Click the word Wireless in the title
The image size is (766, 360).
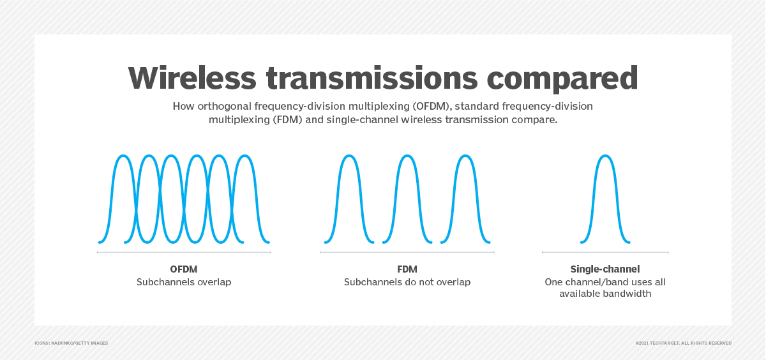pos(192,78)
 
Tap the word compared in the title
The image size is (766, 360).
pos(562,79)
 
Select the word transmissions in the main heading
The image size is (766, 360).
pos(372,78)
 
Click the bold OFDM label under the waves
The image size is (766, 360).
pos(184,269)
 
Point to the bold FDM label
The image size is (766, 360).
pos(407,269)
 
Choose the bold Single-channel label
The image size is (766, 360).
pos(605,269)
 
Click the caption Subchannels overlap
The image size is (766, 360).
pos(184,282)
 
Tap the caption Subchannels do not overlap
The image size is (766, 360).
pos(407,282)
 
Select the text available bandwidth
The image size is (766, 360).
pos(605,294)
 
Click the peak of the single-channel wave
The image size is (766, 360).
pos(605,156)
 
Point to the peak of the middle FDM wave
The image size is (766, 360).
pos(407,156)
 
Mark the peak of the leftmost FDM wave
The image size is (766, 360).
pos(349,156)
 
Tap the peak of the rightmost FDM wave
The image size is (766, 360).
pos(465,156)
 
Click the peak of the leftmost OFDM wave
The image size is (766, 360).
pos(123,156)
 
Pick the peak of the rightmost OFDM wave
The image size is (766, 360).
pos(245,156)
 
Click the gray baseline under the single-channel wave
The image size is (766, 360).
pos(605,252)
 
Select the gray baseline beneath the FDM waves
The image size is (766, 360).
pos(407,252)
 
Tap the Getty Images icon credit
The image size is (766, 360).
pos(71,343)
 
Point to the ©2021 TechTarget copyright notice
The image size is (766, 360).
pos(683,343)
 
